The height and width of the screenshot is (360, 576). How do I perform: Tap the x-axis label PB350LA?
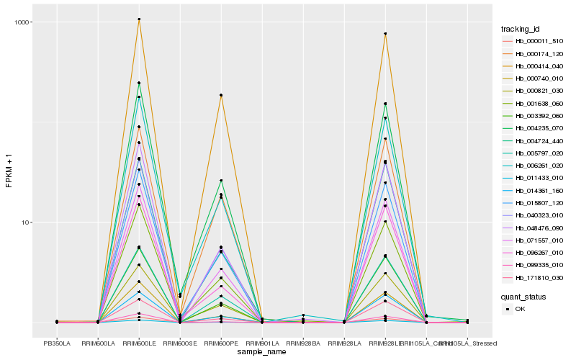pyautogui.click(x=57, y=343)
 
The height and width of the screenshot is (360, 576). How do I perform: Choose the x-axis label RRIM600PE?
pyautogui.click(x=221, y=343)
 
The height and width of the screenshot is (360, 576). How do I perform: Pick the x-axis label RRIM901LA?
pyautogui.click(x=262, y=343)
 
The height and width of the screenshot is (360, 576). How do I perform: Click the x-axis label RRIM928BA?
pyautogui.click(x=303, y=343)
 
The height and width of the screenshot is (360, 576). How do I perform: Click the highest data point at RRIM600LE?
pyautogui.click(x=139, y=19)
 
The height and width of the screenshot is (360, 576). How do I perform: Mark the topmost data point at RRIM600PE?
pyautogui.click(x=221, y=95)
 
